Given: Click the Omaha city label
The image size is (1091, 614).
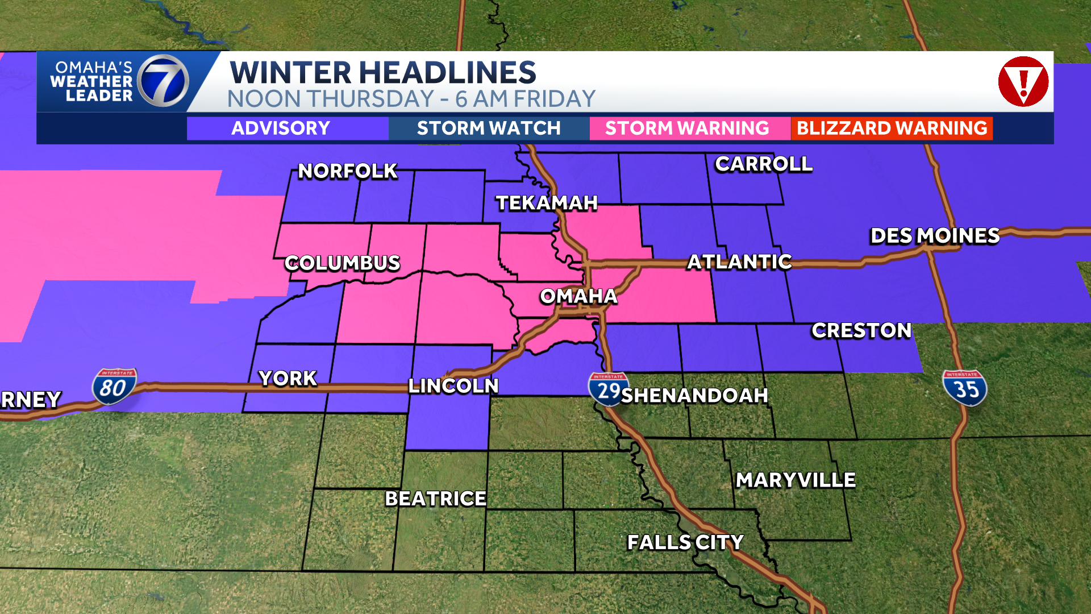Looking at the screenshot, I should (578, 296).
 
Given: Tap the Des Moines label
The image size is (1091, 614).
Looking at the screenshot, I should (935, 236).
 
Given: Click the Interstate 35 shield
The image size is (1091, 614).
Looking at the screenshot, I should (965, 388).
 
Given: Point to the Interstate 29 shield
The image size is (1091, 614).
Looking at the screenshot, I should (608, 389).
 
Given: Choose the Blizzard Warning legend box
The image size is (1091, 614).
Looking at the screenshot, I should (892, 128).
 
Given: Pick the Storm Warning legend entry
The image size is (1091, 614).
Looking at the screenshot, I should (687, 128).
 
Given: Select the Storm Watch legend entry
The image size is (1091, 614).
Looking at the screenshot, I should (489, 128).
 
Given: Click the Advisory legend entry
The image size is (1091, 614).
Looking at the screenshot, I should (281, 128).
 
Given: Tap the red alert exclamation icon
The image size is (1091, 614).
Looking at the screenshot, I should (1023, 82).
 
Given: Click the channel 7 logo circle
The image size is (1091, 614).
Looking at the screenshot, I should (163, 81).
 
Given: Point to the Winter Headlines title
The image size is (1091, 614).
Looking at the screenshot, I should (382, 72).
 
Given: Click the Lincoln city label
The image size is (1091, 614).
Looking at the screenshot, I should (453, 386).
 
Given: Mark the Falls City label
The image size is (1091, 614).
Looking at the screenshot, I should (685, 542).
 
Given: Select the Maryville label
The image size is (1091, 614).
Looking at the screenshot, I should (796, 480).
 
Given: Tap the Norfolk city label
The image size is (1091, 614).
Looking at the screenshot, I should (348, 171).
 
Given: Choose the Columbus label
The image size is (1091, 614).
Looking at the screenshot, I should (343, 263).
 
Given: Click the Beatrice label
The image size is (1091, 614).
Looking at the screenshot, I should (436, 499).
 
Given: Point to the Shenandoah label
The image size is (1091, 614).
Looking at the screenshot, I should (694, 395).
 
